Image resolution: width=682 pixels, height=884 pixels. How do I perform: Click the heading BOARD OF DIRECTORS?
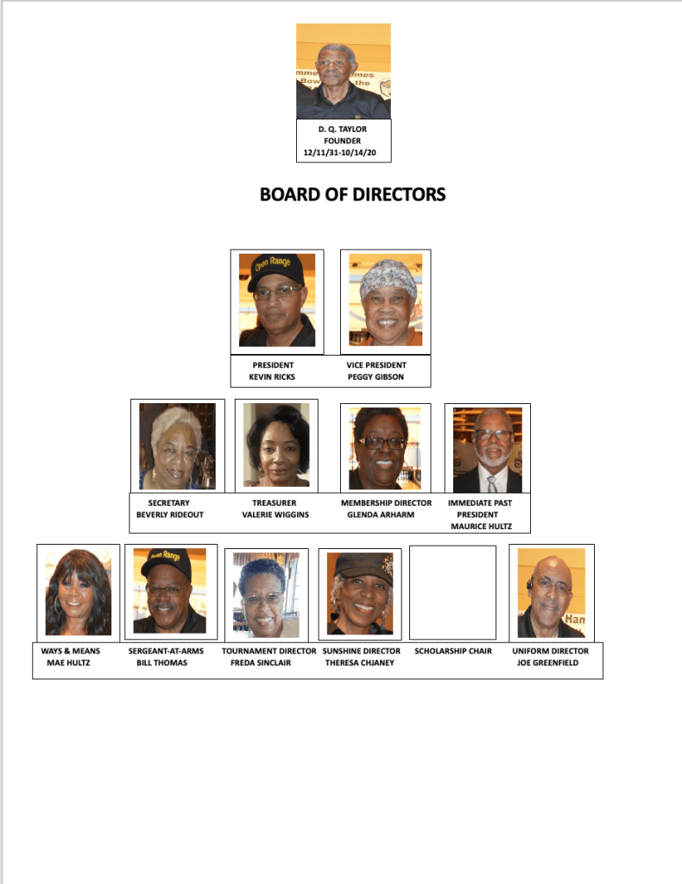(352, 195)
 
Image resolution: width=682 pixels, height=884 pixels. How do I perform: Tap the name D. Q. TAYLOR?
(343, 129)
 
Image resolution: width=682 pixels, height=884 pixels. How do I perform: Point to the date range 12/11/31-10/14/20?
(343, 153)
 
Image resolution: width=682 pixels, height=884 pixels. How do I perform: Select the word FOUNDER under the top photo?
(343, 141)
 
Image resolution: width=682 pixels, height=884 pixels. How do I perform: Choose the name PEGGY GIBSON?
(376, 377)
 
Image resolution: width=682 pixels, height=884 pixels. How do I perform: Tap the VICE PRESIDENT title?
(376, 365)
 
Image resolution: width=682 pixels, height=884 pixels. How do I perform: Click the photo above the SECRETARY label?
(177, 445)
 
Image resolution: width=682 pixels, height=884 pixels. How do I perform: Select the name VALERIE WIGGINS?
(275, 515)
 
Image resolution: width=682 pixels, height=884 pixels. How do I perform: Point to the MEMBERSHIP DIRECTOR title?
(386, 502)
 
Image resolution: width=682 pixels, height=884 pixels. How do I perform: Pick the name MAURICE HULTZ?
(481, 526)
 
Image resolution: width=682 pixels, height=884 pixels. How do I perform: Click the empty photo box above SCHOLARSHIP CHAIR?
(452, 592)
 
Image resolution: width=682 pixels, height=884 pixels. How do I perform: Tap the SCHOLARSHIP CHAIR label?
(452, 651)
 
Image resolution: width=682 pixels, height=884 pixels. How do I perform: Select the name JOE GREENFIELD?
(550, 663)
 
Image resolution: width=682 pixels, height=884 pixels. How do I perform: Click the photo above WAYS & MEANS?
(78, 592)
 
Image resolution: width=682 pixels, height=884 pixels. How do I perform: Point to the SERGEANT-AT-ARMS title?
(166, 651)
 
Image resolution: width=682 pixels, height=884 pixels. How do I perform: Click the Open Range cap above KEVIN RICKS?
(275, 269)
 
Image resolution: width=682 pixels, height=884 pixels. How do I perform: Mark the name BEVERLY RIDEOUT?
(168, 515)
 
